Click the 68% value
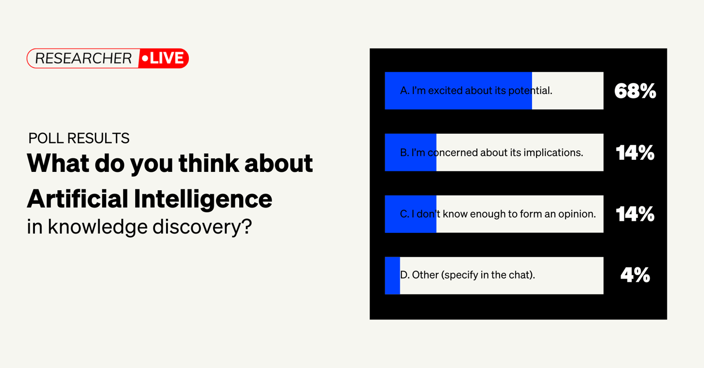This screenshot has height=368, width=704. tap(635, 91)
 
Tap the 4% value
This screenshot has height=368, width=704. tap(635, 275)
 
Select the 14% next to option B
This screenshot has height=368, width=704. tap(635, 153)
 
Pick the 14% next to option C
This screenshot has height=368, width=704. tap(635, 214)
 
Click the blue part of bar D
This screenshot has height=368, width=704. tap(392, 276)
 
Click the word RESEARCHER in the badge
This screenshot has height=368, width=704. tap(83, 59)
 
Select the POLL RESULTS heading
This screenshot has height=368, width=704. tap(79, 138)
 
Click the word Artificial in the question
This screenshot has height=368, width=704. tap(77, 199)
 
